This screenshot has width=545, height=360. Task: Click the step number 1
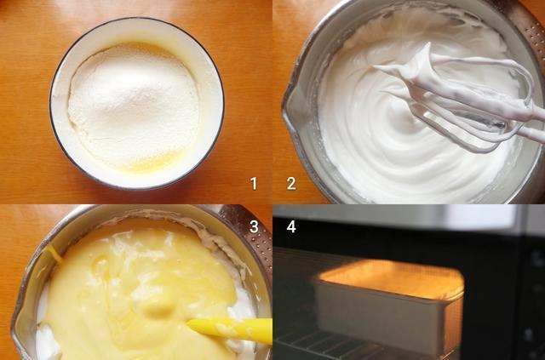[x=254, y=183]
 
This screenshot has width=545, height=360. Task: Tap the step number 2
[x=291, y=183]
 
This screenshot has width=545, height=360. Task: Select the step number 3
[x=254, y=226]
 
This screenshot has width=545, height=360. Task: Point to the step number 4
[x=291, y=226]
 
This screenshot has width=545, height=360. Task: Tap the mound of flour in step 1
[x=134, y=106]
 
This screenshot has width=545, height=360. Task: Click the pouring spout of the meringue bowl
[x=291, y=104]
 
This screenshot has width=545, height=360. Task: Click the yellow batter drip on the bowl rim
[x=54, y=253]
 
